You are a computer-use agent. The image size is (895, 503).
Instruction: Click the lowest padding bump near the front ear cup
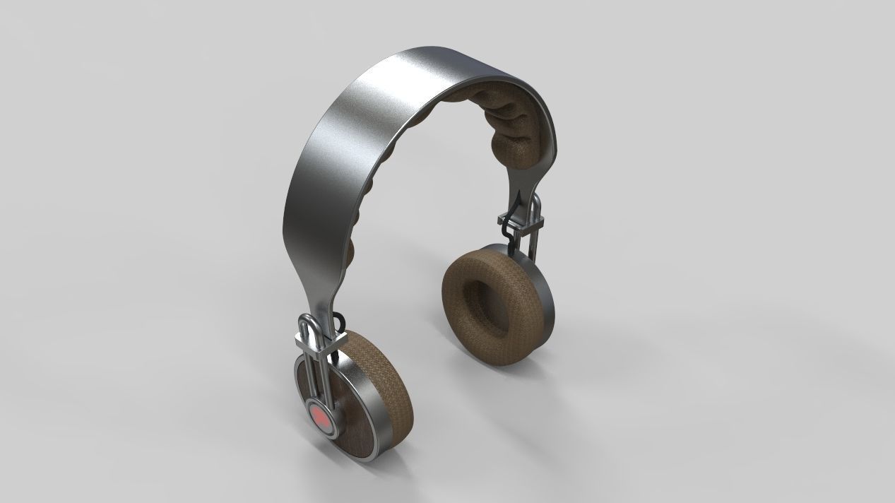350,251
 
